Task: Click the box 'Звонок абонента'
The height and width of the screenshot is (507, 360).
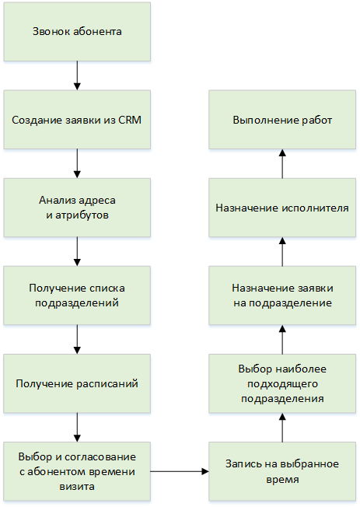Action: (77, 32)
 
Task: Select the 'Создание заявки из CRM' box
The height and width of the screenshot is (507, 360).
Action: (77, 120)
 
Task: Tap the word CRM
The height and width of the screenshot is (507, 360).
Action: (130, 120)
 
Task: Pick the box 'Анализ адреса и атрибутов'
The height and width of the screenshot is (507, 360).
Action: (77, 208)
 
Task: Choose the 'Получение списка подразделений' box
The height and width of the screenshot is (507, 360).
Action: (77, 295)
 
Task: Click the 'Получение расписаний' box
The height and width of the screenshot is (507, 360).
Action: (77, 383)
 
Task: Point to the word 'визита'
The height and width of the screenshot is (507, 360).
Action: (77, 487)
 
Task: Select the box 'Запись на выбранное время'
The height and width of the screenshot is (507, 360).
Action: (282, 471)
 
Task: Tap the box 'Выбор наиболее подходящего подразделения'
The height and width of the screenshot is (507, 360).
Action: (282, 383)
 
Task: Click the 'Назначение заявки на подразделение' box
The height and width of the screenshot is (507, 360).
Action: (282, 295)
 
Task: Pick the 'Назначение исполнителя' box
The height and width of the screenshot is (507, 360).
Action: (282, 208)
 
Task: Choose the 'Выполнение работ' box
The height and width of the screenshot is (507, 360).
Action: (282, 120)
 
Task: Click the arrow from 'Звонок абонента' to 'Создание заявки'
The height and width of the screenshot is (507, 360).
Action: (77, 75)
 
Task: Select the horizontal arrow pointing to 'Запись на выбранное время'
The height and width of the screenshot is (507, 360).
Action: (180, 471)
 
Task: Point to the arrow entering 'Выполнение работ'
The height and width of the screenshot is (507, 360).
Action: (282, 163)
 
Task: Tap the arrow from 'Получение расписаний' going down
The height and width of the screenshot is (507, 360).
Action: (77, 428)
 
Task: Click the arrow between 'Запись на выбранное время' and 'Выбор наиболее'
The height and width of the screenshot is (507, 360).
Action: (282, 428)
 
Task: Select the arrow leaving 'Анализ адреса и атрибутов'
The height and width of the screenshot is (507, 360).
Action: (77, 252)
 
